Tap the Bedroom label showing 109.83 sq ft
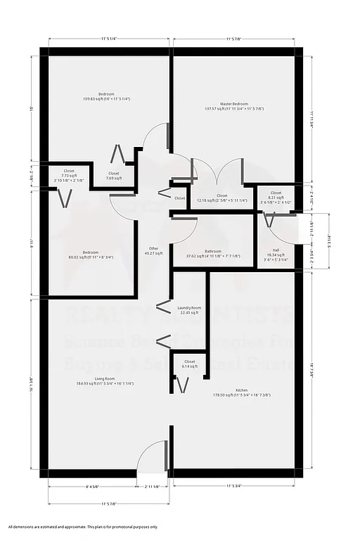[x=106, y=96]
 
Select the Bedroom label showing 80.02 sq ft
[x=91, y=255]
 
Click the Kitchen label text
[x=241, y=392]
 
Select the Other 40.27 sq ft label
[x=153, y=250]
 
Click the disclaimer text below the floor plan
[x=83, y=527]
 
